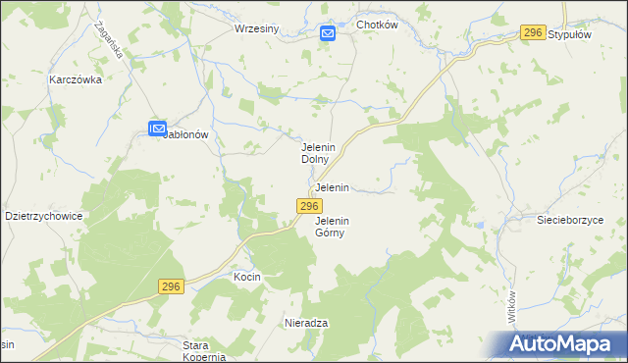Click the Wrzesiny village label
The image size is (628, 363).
click(257, 28)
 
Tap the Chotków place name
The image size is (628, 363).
click(377, 26)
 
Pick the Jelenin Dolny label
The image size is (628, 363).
click(319, 152)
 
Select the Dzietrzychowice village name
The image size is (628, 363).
click(43, 216)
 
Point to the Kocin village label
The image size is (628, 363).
click(246, 278)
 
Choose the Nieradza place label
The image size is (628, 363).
click(305, 323)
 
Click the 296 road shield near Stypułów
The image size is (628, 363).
click(533, 33)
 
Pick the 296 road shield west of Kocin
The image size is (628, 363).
click(171, 285)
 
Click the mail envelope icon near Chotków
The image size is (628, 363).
click(328, 34)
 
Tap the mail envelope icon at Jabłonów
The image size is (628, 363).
click(157, 129)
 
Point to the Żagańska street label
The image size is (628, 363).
click(110, 40)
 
